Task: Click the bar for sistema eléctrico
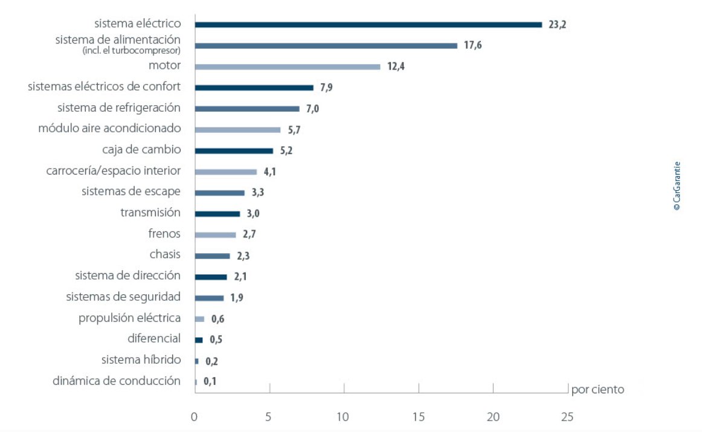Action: tap(369, 25)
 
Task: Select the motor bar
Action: tap(288, 66)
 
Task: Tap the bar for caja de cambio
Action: tap(234, 150)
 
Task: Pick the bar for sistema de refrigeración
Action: tap(247, 109)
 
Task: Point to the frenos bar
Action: tap(215, 234)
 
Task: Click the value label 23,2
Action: tap(557, 25)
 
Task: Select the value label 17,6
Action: tap(472, 45)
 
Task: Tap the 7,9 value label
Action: tap(327, 88)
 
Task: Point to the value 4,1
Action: tap(270, 172)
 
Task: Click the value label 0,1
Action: tap(210, 382)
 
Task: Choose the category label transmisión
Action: tap(150, 213)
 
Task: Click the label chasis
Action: tap(165, 255)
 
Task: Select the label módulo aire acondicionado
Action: tap(109, 129)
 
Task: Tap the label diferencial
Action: tap(154, 338)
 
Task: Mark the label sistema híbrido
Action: tap(141, 360)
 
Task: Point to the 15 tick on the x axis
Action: tap(419, 417)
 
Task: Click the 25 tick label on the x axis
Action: tap(567, 417)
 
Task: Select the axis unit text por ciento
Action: tap(597, 390)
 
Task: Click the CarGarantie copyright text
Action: tap(677, 185)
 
